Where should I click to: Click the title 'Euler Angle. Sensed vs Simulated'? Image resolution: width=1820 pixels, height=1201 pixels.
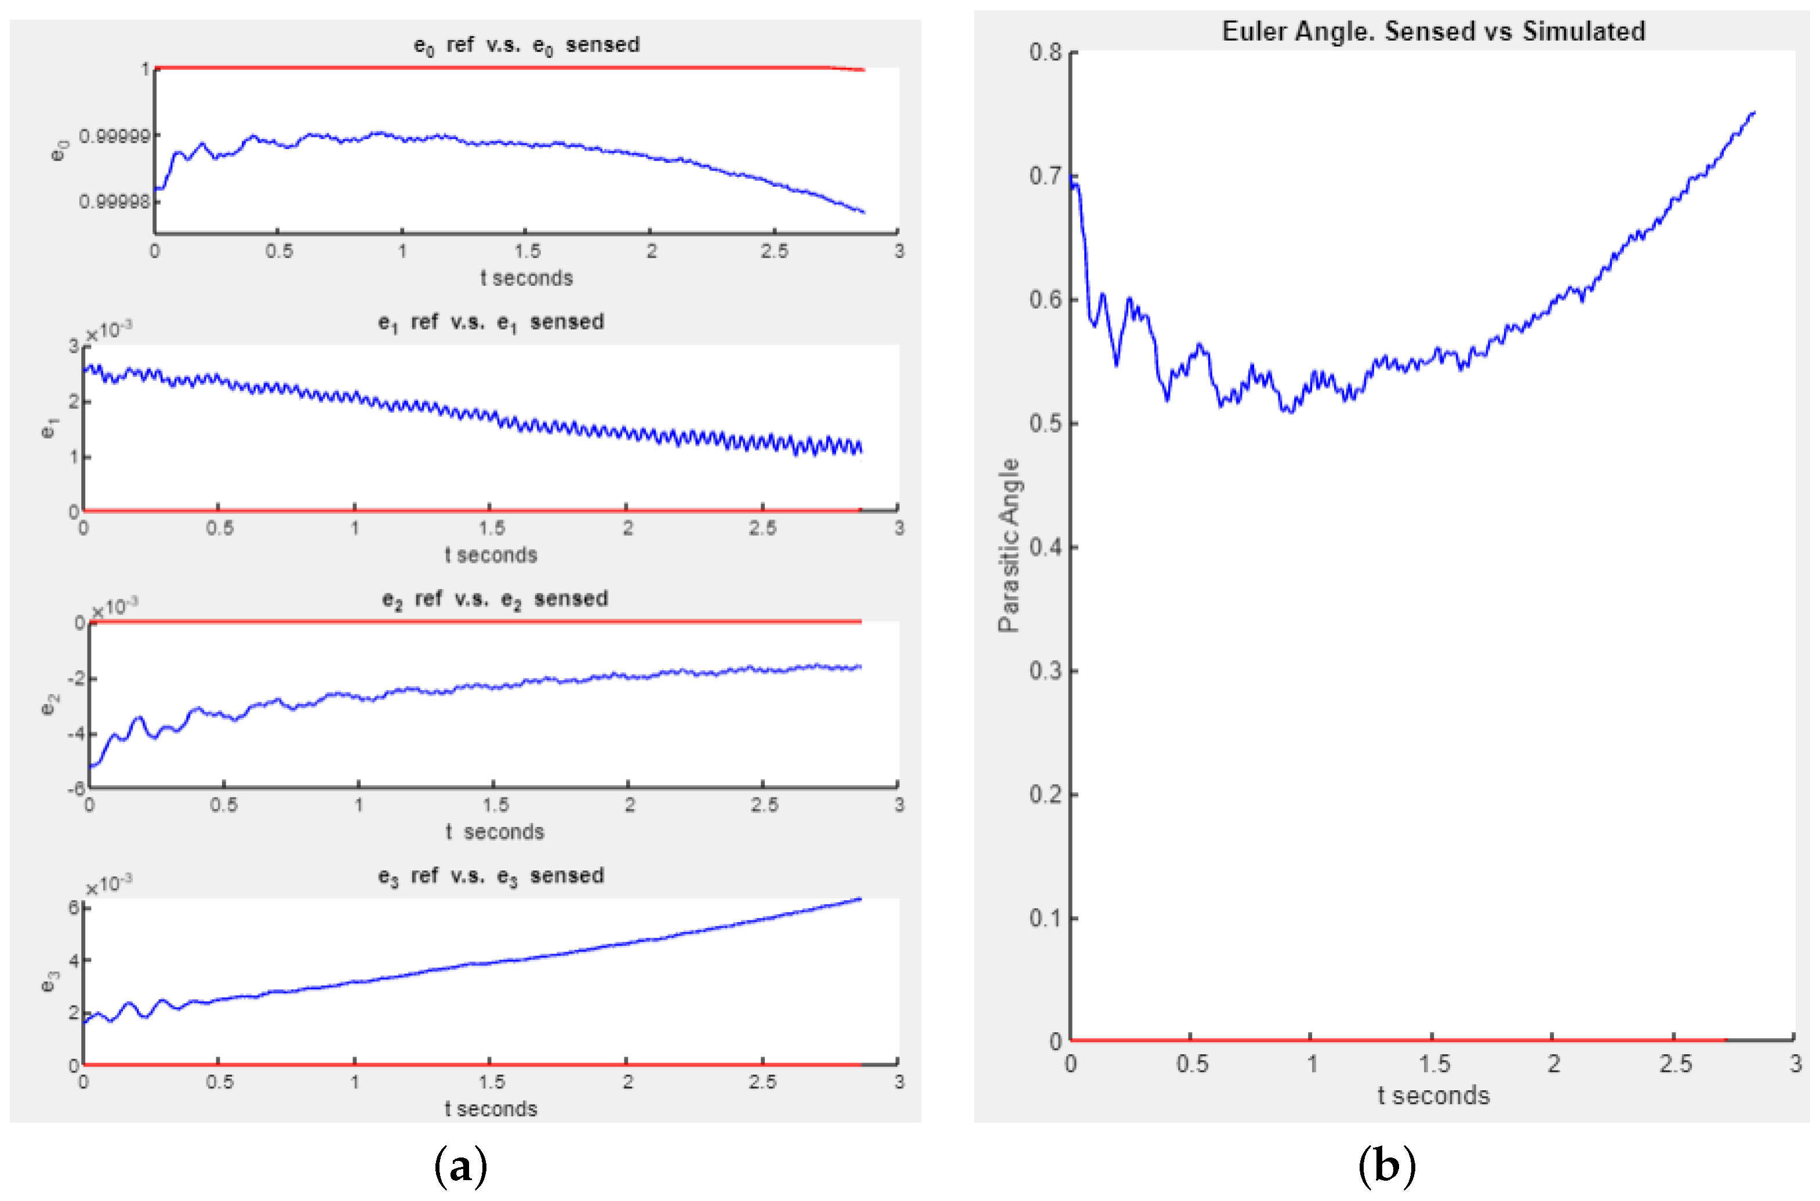point(1433,31)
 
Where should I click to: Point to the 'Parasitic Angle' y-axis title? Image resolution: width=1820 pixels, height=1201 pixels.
point(1009,545)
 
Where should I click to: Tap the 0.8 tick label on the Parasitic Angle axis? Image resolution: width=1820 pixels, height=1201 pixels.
point(1045,53)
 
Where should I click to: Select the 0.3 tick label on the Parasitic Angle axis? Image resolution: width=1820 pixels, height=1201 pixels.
point(1045,671)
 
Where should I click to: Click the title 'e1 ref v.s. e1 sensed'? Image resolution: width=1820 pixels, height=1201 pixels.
point(491,322)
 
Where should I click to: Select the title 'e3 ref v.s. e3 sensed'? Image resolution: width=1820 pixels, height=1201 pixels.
point(491,876)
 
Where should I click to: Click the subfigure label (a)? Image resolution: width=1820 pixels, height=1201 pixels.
point(460,1167)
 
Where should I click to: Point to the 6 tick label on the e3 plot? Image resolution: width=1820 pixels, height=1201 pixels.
point(74,908)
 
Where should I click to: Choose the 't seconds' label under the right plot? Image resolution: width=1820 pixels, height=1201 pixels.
point(1433,1096)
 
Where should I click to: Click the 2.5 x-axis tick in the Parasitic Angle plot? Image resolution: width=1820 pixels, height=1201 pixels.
point(1674,1064)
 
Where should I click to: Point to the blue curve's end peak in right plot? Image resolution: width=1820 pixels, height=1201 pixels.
point(1753,113)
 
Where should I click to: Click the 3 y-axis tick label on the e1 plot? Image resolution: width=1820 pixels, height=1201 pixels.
point(74,346)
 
